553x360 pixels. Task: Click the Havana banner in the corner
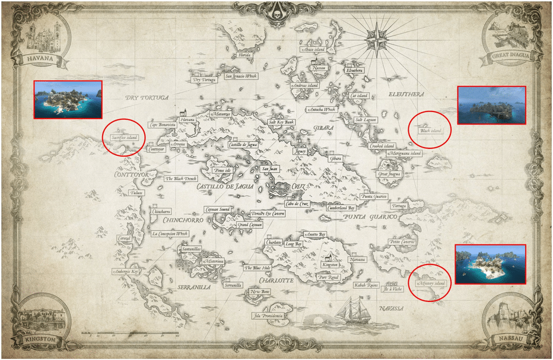tap(37, 59)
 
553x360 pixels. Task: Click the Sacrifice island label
tap(123, 138)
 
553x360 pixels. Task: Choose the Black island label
tap(430, 130)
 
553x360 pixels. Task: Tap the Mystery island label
tap(431, 283)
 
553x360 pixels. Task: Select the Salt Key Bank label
tap(282, 122)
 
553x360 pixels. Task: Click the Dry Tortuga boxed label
tap(204, 79)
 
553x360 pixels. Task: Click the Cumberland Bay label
tap(342, 208)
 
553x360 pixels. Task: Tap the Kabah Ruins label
tap(366, 285)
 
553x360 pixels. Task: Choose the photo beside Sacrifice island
tap(68, 98)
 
